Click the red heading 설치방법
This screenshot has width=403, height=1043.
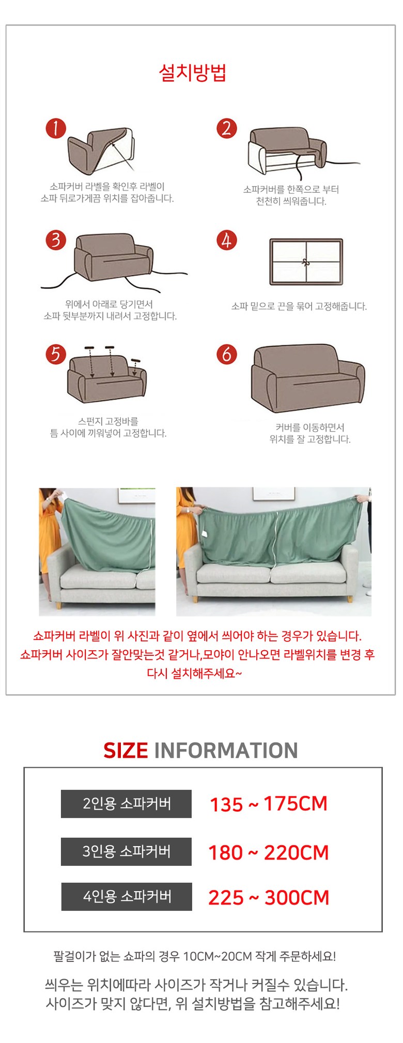tap(193, 72)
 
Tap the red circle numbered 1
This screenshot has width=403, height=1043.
tap(56, 128)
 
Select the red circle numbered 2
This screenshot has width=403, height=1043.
tap(226, 128)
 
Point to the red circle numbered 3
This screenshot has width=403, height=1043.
tap(56, 240)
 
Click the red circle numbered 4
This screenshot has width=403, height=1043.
tap(226, 240)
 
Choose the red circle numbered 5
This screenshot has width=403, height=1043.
tap(56, 354)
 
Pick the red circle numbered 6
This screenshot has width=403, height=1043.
tap(226, 354)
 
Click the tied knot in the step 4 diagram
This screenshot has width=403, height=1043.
tap(306, 262)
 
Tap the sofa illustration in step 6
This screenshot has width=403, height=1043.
tap(308, 377)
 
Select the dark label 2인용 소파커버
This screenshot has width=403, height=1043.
tap(126, 804)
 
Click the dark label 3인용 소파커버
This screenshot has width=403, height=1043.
tap(126, 851)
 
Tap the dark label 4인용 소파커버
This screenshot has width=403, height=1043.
tap(127, 897)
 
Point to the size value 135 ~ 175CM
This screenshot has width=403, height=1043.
tap(269, 804)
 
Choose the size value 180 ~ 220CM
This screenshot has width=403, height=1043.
tap(269, 852)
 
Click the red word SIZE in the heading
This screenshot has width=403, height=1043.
tap(126, 750)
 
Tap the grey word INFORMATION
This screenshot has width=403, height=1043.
tap(226, 750)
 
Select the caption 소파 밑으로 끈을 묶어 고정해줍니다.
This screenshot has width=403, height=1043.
tap(299, 306)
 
